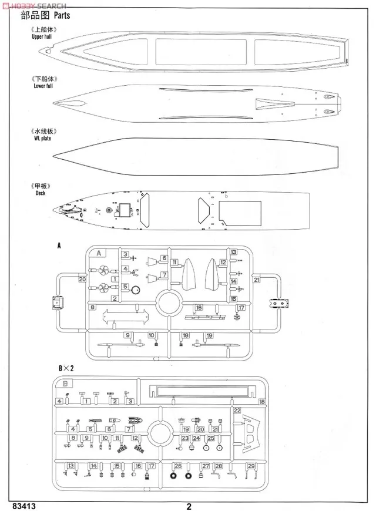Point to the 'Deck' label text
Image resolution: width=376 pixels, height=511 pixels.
pos(39,192)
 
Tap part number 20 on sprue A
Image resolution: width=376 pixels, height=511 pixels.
pos(82,280)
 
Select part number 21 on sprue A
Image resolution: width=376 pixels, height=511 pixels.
pos(256,280)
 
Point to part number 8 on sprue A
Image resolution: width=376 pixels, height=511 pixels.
pos(92,307)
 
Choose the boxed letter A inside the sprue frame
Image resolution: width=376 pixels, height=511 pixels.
pos(100,253)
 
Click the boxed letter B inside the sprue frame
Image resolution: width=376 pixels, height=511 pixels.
pos(66,382)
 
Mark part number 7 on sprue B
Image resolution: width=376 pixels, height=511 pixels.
pos(128,429)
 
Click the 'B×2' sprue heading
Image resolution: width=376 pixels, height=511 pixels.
pos(66,368)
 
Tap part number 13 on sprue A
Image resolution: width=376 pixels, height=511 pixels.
pos(233,251)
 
